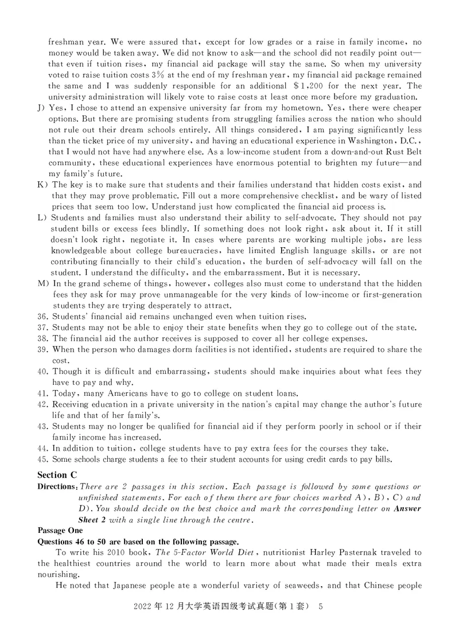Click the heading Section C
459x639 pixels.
coord(57,474)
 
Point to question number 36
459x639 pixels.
coord(44,317)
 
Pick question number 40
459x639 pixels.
coord(44,371)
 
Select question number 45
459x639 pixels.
coord(44,459)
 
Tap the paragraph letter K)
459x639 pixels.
coord(43,185)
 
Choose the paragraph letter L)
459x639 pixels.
coord(43,218)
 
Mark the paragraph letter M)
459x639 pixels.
coord(44,284)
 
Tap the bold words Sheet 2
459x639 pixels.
coord(95,520)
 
